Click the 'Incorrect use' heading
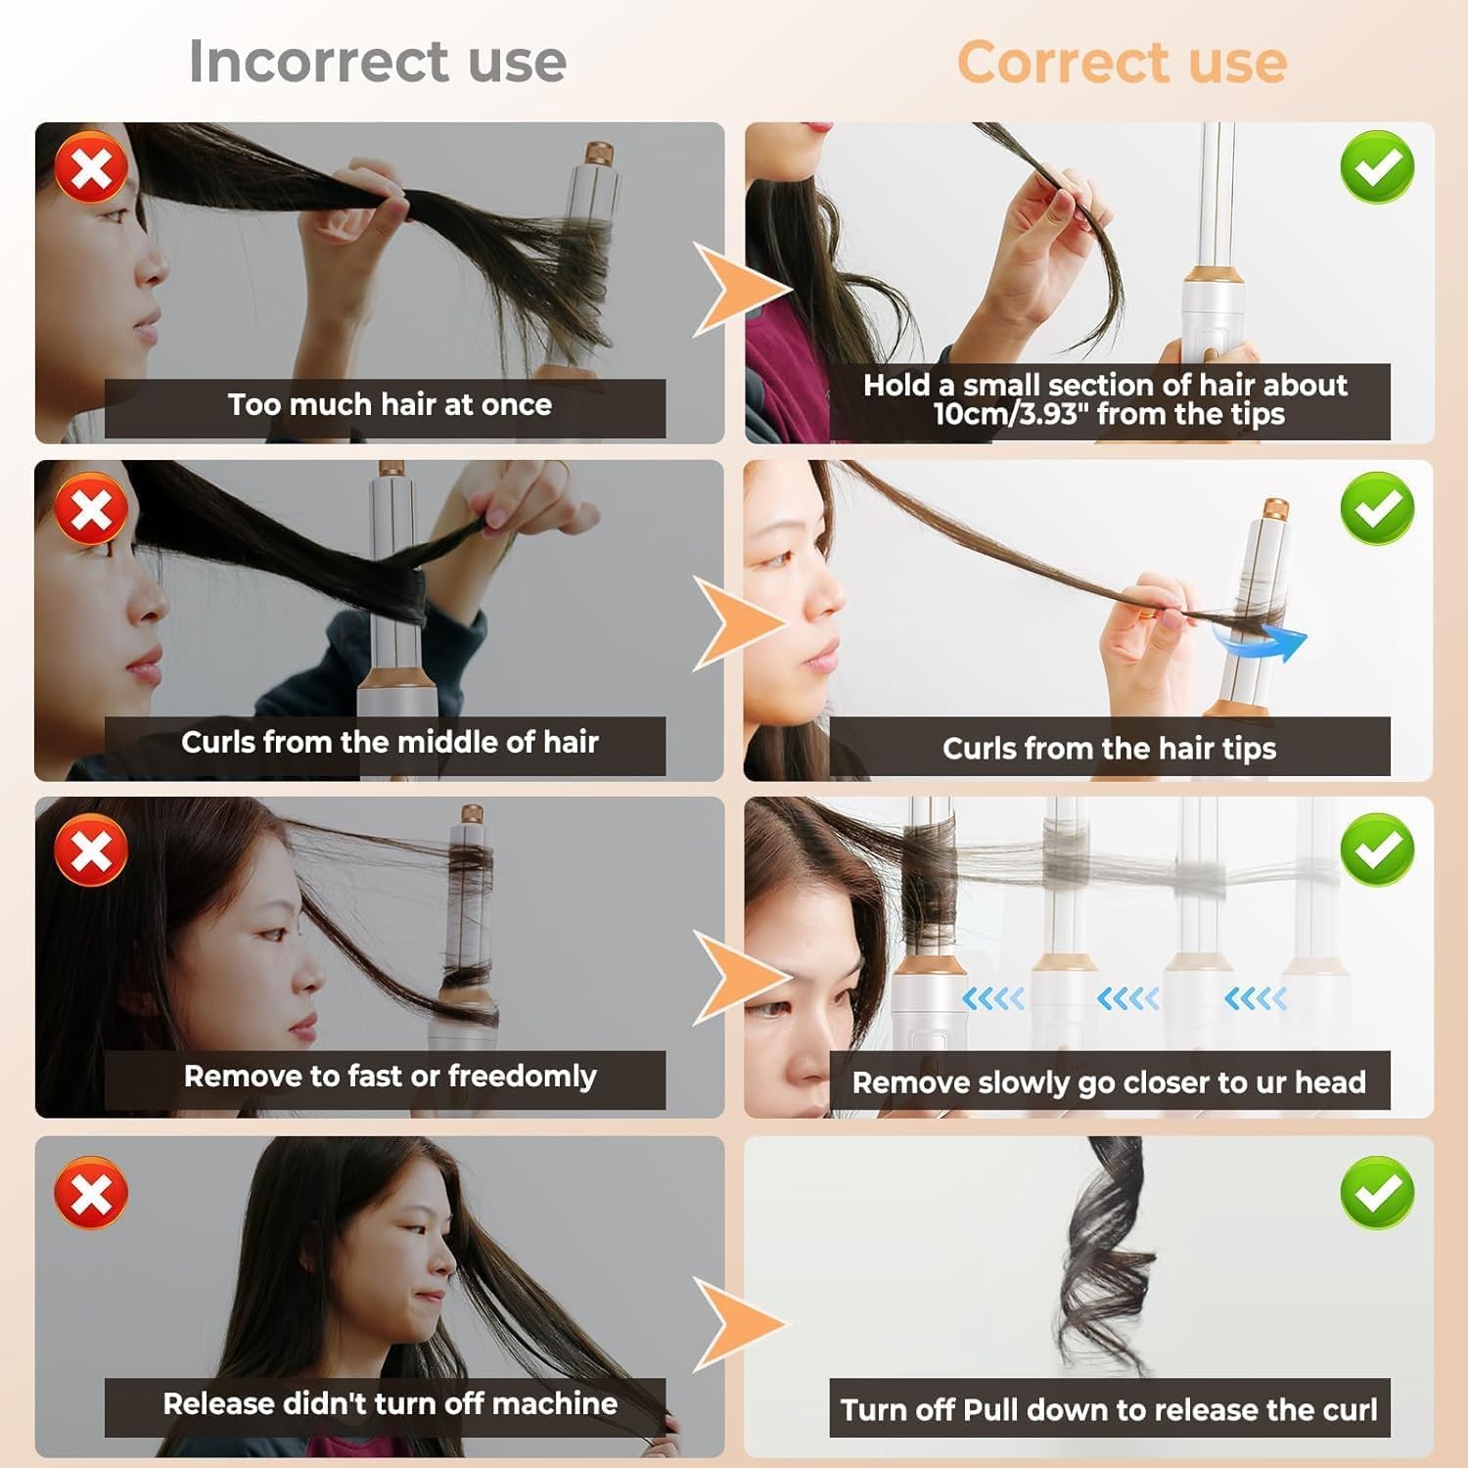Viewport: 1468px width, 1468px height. [378, 62]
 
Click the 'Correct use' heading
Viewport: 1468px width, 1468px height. [1122, 63]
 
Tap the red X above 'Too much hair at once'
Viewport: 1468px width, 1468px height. [91, 168]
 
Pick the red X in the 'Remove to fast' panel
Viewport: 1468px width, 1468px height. [91, 849]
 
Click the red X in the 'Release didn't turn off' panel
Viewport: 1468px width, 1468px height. [91, 1193]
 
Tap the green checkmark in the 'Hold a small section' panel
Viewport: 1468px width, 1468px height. [1377, 167]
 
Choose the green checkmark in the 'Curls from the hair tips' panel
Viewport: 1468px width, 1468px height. [1377, 508]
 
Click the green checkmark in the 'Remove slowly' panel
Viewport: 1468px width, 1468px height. [1377, 849]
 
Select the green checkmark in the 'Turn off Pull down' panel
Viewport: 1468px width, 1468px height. [1377, 1192]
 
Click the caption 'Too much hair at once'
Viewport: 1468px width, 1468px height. [390, 404]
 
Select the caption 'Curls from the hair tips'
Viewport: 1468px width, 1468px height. [1109, 749]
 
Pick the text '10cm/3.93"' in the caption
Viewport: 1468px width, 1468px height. [1010, 414]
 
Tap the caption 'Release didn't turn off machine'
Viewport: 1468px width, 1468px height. [390, 1403]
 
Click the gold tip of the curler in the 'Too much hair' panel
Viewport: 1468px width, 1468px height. [599, 155]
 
